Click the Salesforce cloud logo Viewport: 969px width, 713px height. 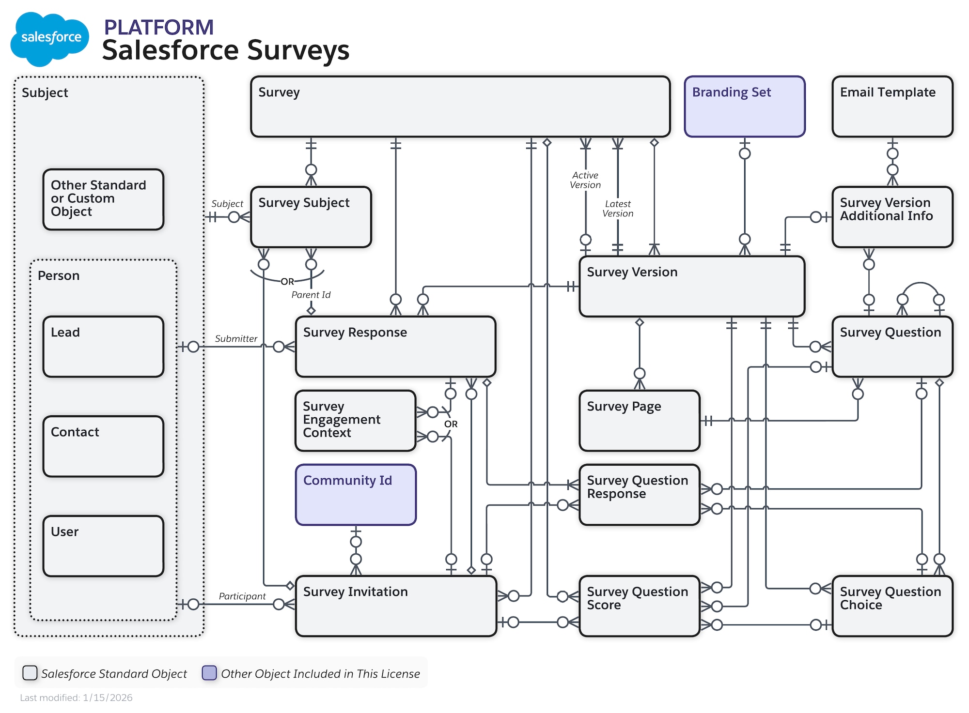[x=49, y=39]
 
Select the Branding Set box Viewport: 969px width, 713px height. [x=744, y=106]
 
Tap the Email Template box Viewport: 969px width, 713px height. [x=892, y=106]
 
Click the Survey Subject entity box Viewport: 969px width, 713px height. [x=311, y=217]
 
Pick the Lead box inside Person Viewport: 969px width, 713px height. [x=103, y=347]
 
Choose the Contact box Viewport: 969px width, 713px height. [x=103, y=446]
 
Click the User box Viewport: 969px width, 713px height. [x=103, y=546]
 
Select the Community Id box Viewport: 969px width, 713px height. [x=356, y=495]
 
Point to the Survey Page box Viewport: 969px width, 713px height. [x=639, y=421]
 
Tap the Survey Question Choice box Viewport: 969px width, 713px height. [x=892, y=606]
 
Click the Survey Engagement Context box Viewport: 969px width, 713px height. [x=356, y=421]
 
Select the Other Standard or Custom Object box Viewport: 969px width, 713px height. [x=103, y=199]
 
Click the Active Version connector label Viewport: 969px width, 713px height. [x=585, y=180]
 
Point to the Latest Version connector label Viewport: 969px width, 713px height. [x=617, y=209]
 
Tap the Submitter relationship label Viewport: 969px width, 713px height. [x=236, y=339]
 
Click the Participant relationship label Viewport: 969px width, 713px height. [x=242, y=596]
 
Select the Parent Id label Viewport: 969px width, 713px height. [x=311, y=295]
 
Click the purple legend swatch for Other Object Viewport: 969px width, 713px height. [x=209, y=673]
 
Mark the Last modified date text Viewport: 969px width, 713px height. [x=76, y=698]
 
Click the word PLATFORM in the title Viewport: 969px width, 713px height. [x=158, y=27]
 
